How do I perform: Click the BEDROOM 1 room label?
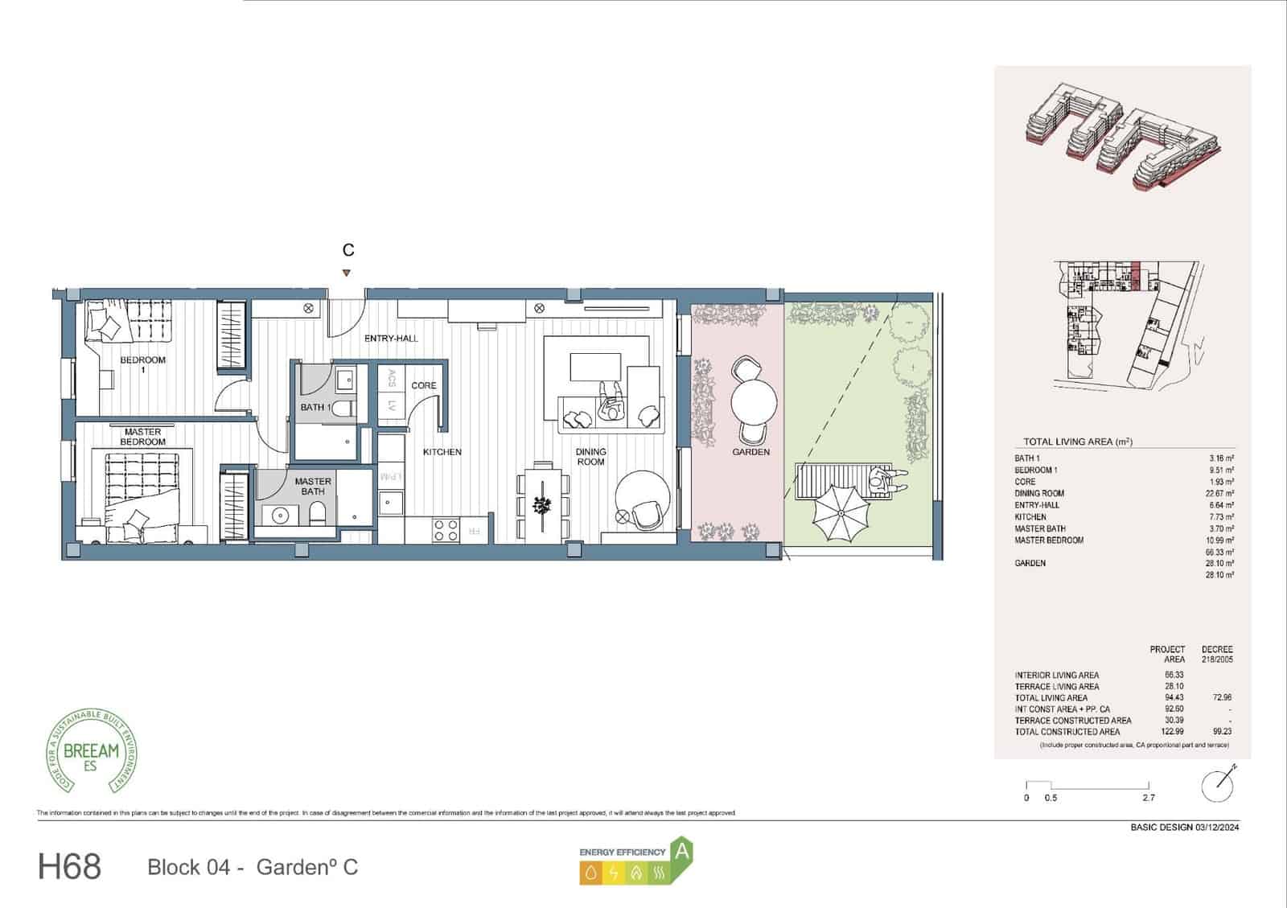tap(142, 364)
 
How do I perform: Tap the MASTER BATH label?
tap(313, 487)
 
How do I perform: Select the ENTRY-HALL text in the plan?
tap(391, 339)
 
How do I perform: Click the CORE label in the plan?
tap(423, 386)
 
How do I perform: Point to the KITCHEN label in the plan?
tap(442, 452)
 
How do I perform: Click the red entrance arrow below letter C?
tap(346, 273)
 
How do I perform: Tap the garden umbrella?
tap(841, 510)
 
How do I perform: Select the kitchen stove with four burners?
tap(446, 529)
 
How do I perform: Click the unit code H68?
tap(70, 867)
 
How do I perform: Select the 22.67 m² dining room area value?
tap(1219, 493)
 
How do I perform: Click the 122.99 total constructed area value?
tap(1174, 732)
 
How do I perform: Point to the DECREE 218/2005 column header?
tap(1216, 654)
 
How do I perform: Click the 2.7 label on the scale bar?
tap(1148, 798)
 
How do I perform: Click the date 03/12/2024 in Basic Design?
tap(1217, 827)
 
